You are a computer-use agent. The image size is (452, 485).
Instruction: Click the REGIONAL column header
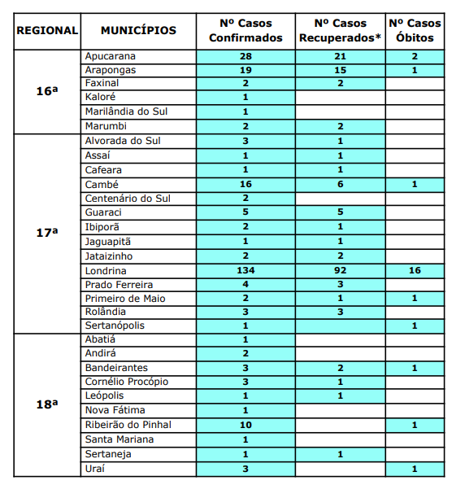coord(47,31)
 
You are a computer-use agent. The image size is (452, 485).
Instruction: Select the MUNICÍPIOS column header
coord(138,31)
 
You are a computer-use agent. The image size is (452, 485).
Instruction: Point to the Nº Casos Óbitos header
coord(415,31)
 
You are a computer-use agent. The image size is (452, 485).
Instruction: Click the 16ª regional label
coord(47,91)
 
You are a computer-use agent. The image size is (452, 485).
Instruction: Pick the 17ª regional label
coord(47,233)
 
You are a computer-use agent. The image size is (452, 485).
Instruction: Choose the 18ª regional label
coord(47,404)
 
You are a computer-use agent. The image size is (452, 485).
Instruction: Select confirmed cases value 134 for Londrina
coord(246,270)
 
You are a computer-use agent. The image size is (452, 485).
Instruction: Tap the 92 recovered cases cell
coord(340,270)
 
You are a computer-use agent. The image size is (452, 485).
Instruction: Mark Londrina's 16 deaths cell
coord(415,270)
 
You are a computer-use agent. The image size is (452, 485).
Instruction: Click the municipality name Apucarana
coord(110,56)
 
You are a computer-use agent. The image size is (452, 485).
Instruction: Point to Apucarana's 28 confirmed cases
coord(246,56)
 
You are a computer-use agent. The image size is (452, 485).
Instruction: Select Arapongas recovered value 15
coord(340,70)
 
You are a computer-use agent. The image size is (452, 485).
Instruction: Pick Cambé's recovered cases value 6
coord(340,185)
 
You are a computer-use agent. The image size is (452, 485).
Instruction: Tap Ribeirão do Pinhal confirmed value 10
coord(246,425)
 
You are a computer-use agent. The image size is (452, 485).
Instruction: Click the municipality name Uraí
coord(96,468)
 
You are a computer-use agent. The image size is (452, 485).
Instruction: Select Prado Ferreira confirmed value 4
coord(246,285)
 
